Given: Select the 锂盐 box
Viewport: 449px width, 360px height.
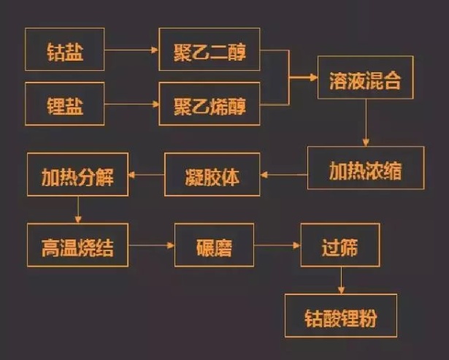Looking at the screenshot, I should (64, 105).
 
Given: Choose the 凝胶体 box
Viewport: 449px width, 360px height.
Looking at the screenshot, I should (212, 175).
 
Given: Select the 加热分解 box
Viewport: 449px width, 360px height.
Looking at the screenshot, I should (77, 175).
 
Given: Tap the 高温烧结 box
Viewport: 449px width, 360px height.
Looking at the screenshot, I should (78, 246).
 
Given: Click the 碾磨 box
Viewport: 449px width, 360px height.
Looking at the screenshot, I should (214, 246).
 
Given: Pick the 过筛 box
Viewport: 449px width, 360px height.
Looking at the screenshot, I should (340, 245).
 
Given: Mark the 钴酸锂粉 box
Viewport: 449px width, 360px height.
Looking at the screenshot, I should (340, 315).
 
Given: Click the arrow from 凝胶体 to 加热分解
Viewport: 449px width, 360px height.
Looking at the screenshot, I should (146, 175).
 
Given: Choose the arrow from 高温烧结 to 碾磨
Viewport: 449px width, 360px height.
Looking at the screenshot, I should (152, 246).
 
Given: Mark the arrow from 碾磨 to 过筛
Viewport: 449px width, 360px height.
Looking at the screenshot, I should (277, 246).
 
